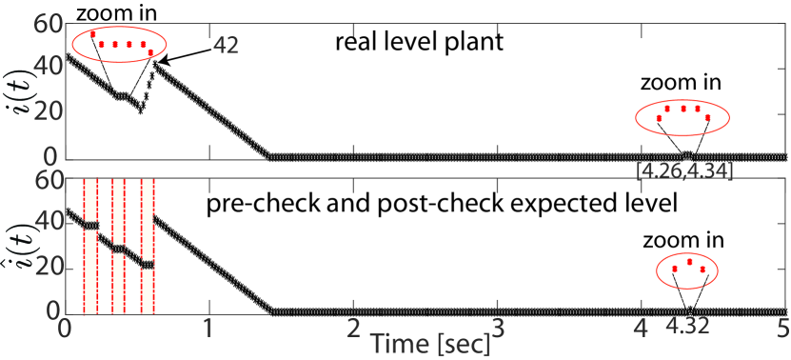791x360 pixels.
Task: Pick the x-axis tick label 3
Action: pos(496,329)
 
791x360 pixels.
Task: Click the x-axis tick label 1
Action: pos(208,329)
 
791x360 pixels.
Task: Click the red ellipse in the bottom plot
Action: pos(688,272)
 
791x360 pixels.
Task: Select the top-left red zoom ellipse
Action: pos(117,45)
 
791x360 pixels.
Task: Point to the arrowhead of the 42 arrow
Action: pos(159,62)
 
